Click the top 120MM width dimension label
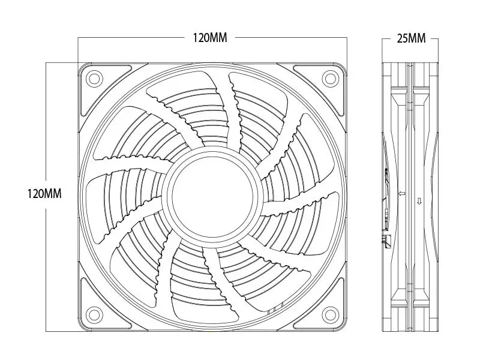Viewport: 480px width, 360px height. (x=209, y=38)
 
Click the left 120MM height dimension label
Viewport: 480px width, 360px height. (x=44, y=193)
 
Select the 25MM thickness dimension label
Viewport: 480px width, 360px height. (x=411, y=38)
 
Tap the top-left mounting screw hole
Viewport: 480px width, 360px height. (x=94, y=79)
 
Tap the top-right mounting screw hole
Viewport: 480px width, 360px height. (x=331, y=79)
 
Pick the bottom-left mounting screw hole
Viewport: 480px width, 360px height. (x=94, y=314)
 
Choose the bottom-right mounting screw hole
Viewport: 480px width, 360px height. (x=331, y=314)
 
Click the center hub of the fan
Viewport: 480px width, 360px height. (x=212, y=196)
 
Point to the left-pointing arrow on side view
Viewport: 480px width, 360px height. (x=401, y=193)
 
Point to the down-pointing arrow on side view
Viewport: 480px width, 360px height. (x=419, y=201)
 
